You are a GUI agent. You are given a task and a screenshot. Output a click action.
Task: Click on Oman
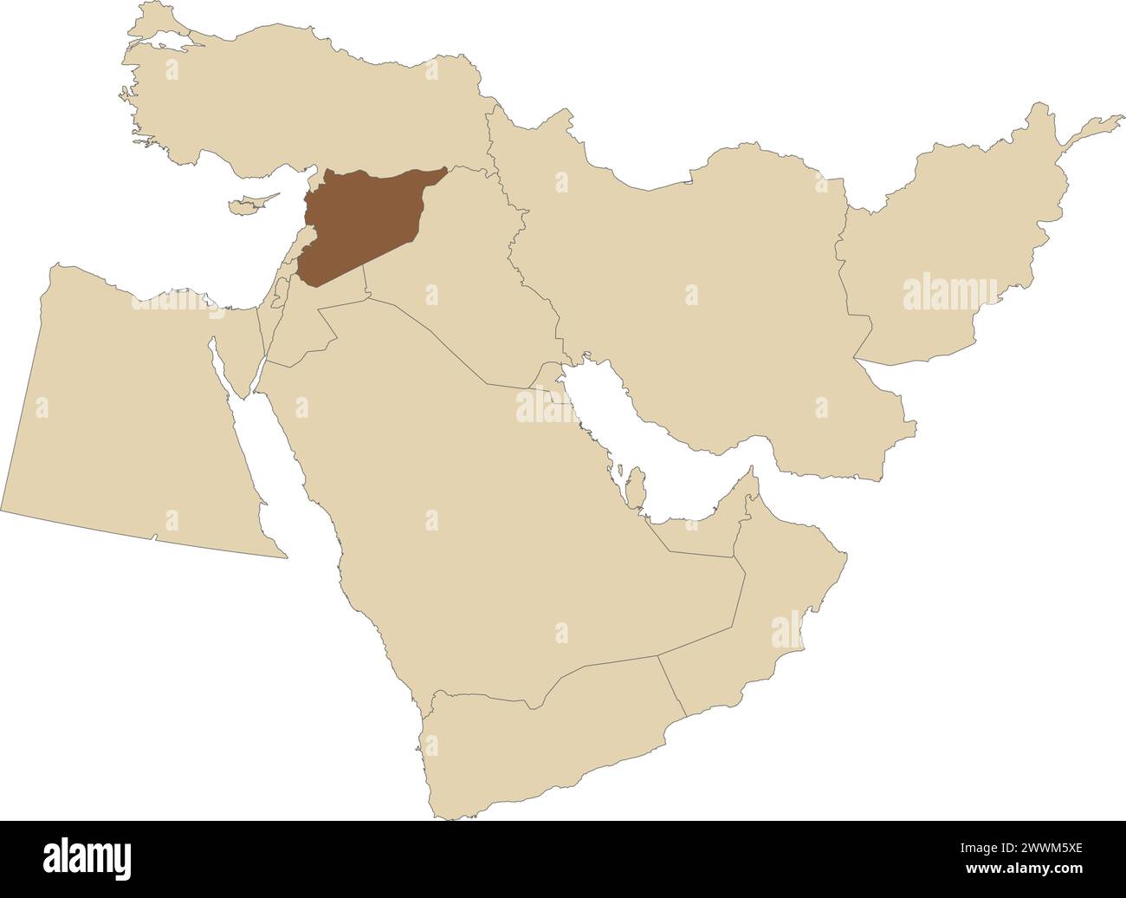762,624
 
